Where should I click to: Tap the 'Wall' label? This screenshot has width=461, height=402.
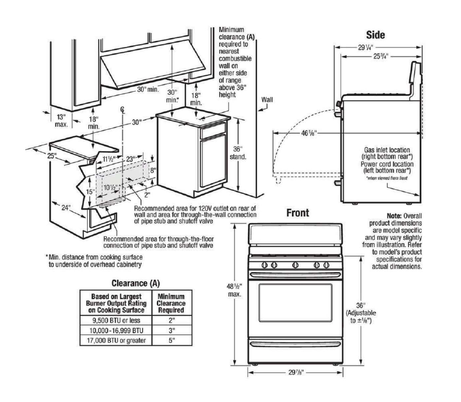(268, 101)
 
